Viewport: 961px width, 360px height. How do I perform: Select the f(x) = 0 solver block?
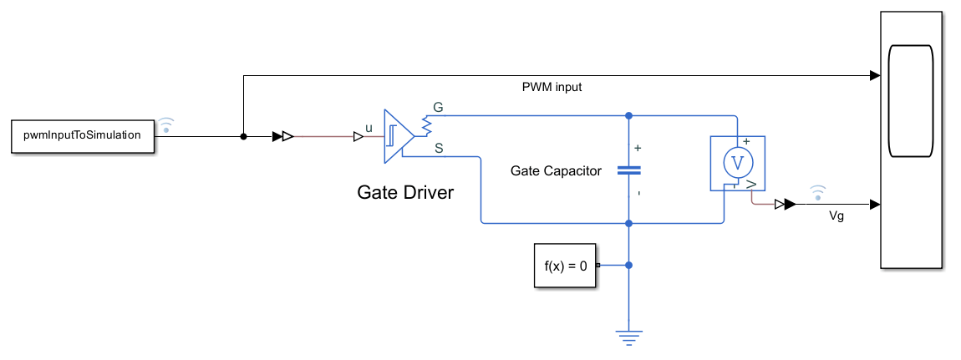[566, 266]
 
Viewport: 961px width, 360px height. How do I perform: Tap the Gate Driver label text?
[405, 193]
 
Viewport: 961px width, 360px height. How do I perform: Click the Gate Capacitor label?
[556, 170]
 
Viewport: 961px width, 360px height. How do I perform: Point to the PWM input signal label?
[552, 87]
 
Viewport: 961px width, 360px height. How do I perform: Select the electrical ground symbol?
[629, 337]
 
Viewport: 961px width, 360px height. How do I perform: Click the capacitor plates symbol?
[629, 170]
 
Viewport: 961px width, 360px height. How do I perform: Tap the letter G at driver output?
[437, 108]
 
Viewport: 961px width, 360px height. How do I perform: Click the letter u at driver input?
[369, 128]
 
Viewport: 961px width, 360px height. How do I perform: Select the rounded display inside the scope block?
[912, 102]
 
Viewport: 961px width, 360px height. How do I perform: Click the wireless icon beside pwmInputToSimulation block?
[167, 124]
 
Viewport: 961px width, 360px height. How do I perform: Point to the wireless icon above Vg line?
[818, 193]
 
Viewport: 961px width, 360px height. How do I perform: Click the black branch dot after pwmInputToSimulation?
[243, 136]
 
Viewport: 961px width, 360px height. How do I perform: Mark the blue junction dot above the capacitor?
[629, 115]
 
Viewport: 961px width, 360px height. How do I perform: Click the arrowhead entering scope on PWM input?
[874, 76]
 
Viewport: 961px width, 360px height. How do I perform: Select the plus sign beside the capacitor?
[638, 148]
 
